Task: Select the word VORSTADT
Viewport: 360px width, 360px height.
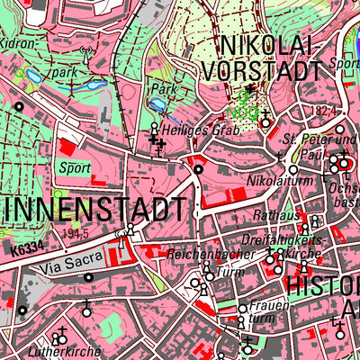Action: (264, 70)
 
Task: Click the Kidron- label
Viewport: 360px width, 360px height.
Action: (20, 42)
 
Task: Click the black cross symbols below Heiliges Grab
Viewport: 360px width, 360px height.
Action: (158, 144)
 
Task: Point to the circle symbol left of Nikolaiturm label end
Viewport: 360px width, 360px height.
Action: (293, 170)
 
